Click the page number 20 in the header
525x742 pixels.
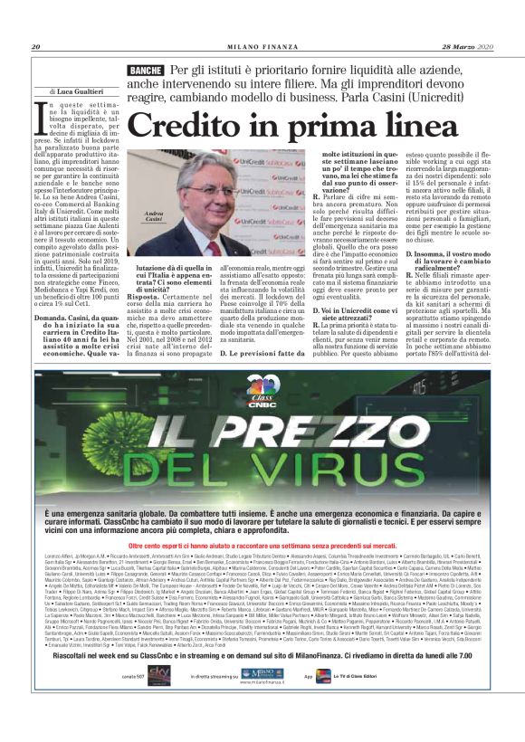[x=36, y=47]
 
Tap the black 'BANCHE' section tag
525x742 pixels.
[x=147, y=70]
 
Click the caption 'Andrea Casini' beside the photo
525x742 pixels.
[x=158, y=216]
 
